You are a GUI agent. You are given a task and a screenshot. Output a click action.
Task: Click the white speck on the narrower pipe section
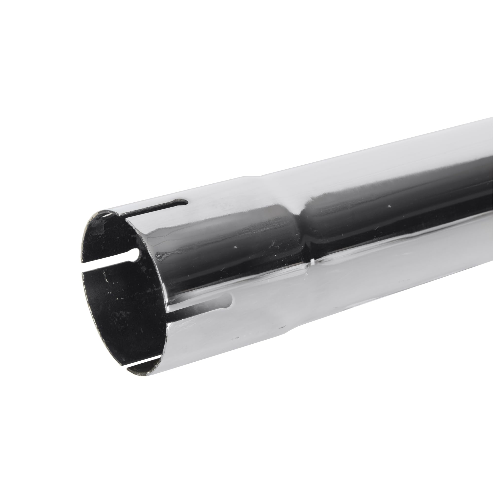[x=389, y=206]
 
